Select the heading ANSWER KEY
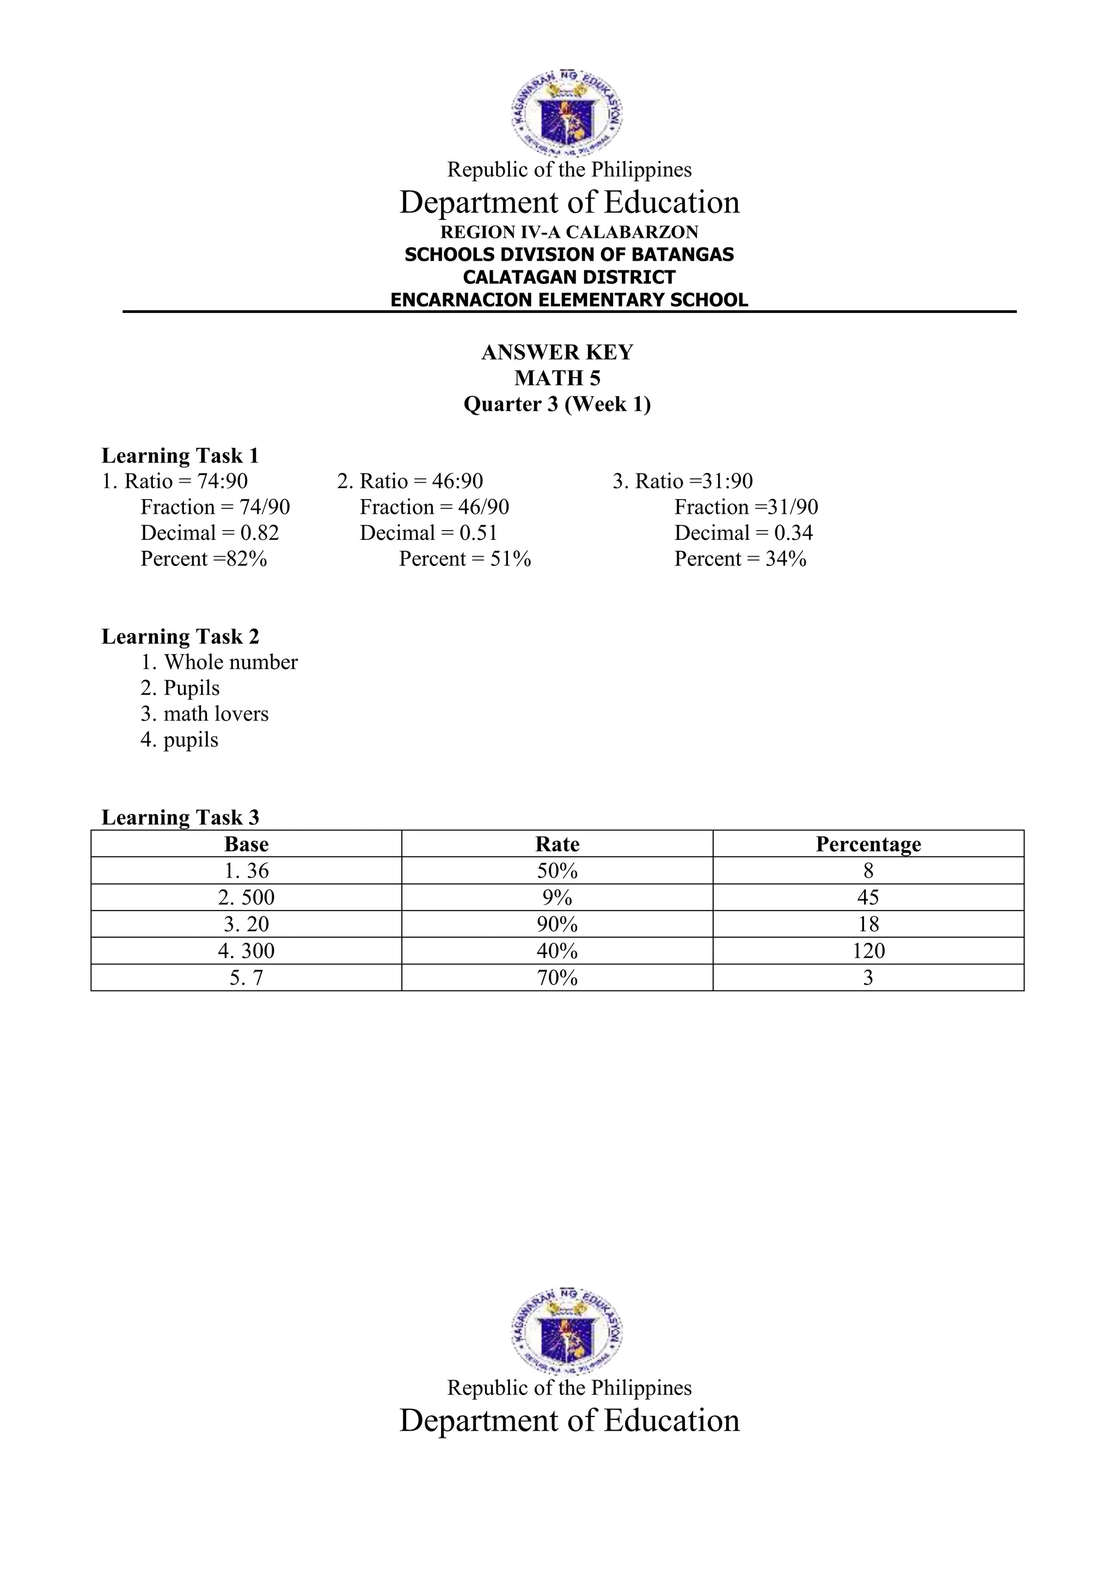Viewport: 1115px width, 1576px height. point(557,352)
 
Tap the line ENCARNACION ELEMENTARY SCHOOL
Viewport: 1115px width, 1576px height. point(568,300)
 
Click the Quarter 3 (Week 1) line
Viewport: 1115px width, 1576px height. point(557,404)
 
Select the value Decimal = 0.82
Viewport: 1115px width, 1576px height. point(210,533)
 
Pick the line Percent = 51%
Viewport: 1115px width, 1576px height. point(465,559)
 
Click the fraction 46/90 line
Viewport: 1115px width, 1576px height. point(434,507)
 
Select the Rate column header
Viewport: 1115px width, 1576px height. point(557,844)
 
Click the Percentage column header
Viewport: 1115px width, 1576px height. point(868,844)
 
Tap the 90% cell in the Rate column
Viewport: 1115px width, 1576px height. point(557,925)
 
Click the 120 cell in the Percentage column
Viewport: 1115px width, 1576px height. point(868,951)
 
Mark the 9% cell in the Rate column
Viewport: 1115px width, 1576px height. point(557,898)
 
